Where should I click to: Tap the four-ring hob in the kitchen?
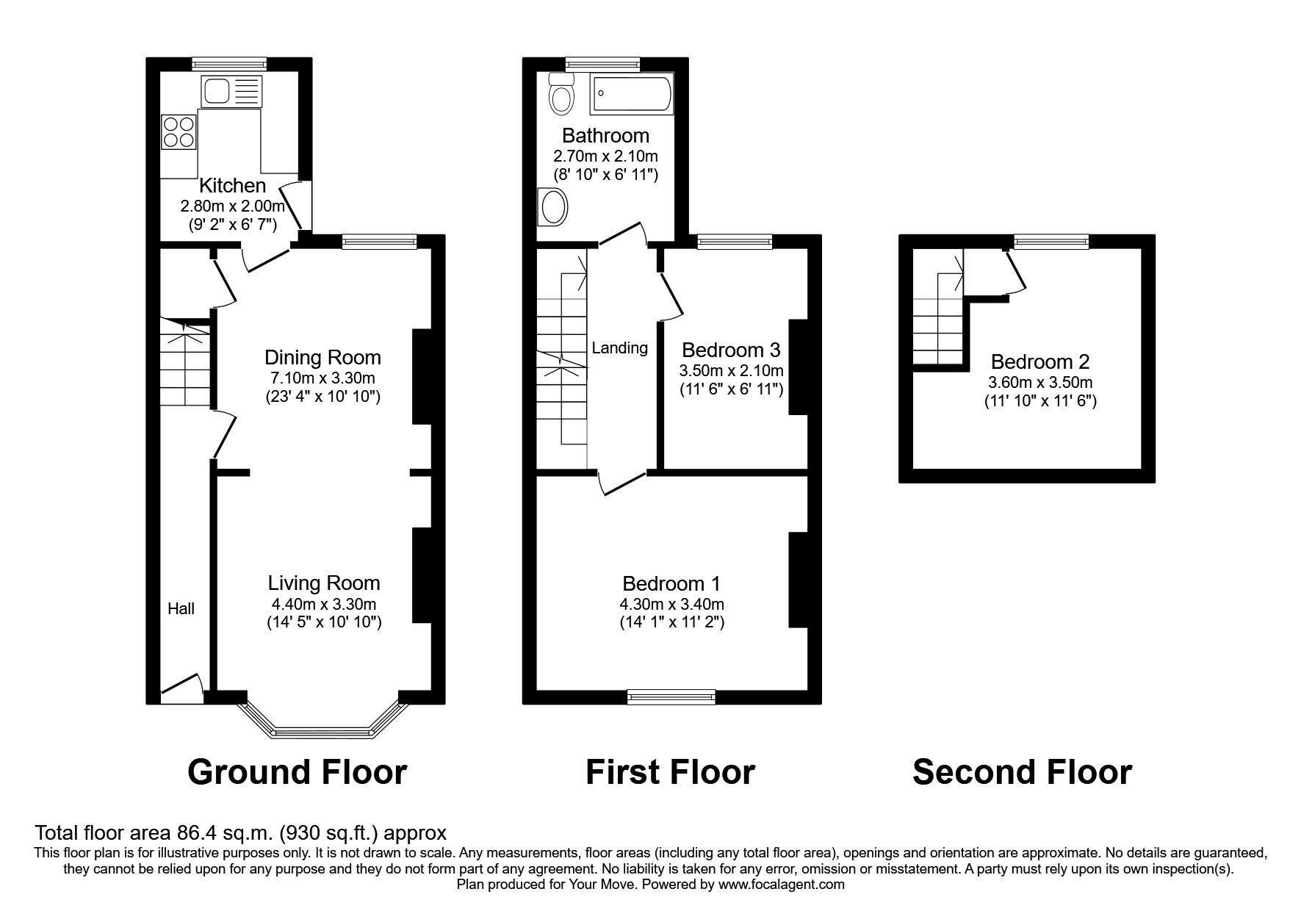(179, 132)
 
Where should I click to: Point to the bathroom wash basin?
(553, 206)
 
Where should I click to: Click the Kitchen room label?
(232, 186)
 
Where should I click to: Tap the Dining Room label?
(322, 358)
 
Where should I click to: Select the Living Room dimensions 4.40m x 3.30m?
(323, 604)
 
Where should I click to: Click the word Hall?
(181, 608)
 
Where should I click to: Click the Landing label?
(619, 348)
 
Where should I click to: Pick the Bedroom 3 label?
(731, 350)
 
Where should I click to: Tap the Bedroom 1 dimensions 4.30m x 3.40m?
(671, 604)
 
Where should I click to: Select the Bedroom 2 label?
(1039, 362)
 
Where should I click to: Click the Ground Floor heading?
(297, 772)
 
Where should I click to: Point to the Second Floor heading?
(1022, 772)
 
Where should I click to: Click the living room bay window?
(323, 731)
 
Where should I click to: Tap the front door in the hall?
(181, 687)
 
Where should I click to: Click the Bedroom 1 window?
(671, 697)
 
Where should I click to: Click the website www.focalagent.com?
(781, 885)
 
